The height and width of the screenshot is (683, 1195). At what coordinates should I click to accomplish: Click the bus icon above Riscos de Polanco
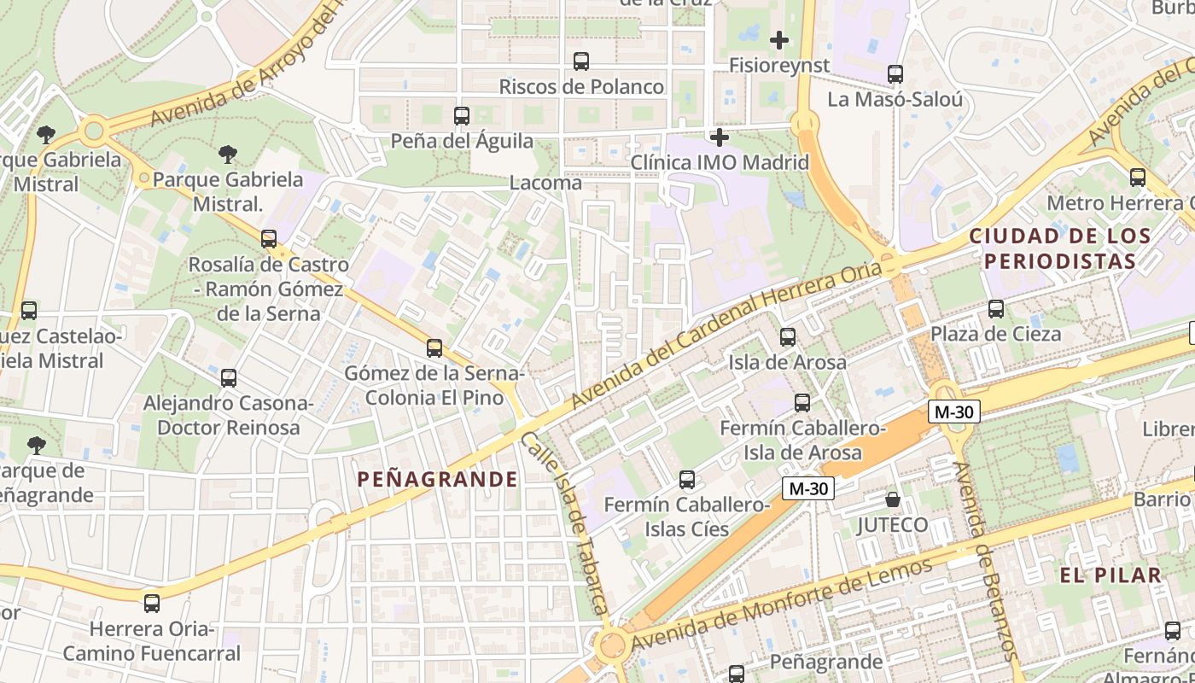581,61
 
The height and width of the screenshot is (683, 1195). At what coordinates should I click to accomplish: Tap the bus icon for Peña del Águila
462,115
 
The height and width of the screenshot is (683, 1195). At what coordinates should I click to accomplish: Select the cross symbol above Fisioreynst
778,39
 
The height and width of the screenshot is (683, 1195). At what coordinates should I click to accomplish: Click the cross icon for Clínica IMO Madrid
720,137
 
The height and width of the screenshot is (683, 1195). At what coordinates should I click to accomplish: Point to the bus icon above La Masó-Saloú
895,74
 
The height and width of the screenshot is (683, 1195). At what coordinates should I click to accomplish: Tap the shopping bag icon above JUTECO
893,499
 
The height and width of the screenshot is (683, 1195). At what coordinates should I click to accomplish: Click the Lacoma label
545,183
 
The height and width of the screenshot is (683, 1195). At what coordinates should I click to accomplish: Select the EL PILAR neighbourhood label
1110,575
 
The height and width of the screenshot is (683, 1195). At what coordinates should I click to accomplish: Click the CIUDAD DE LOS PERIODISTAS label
1060,248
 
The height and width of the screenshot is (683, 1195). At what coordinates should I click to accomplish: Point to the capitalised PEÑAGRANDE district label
437,479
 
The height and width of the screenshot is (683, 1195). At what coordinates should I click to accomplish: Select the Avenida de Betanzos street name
986,559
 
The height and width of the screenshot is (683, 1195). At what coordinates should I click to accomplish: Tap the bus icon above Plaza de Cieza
996,309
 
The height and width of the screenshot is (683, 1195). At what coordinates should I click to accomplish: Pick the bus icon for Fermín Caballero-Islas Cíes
687,480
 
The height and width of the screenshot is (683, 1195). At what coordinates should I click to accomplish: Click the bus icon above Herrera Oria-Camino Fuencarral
152,604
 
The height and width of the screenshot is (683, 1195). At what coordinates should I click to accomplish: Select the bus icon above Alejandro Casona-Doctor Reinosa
228,378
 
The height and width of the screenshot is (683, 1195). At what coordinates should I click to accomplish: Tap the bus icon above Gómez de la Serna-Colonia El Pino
434,348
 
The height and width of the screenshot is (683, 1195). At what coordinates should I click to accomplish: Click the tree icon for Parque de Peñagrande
36,445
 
